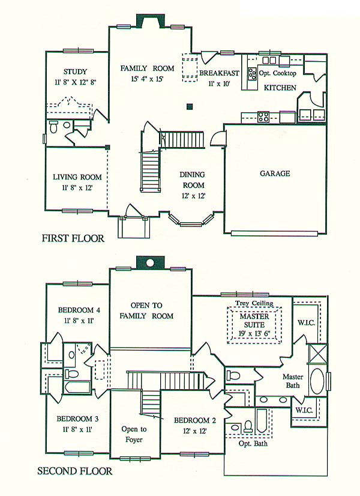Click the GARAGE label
[x=275, y=174]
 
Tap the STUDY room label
[x=75, y=72]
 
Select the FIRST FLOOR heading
[x=73, y=238]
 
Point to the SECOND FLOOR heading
[x=74, y=471]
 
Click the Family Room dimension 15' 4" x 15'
[x=147, y=79]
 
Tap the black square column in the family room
[x=190, y=107]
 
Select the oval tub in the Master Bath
[x=316, y=381]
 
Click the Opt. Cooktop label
[x=278, y=73]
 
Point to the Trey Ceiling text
[x=254, y=303]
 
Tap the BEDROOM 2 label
[x=195, y=420]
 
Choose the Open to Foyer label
[x=134, y=434]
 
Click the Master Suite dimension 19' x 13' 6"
[x=254, y=334]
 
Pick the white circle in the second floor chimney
[x=150, y=262]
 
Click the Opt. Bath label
[x=253, y=444]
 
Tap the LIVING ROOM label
[x=77, y=177]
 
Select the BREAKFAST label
[x=219, y=73]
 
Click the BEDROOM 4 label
[x=79, y=310]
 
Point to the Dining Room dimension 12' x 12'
[x=193, y=196]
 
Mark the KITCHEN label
[x=280, y=88]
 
